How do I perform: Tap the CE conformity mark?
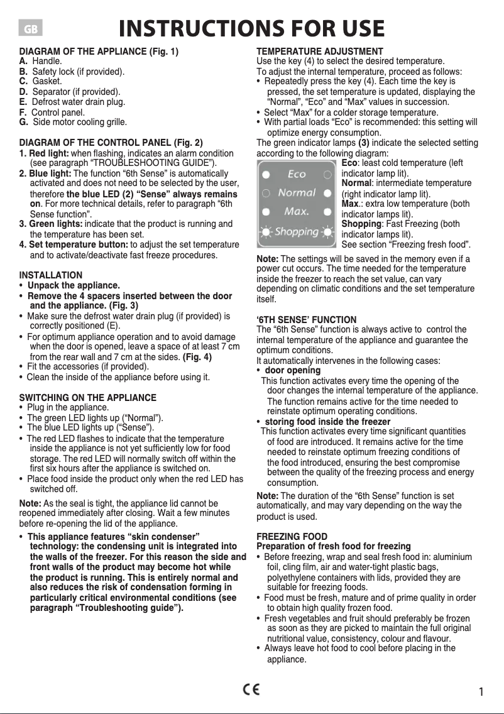[251, 689]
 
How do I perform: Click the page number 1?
[481, 692]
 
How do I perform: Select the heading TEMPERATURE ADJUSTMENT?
[320, 51]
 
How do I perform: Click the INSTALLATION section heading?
[51, 275]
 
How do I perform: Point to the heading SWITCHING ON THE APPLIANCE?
[88, 397]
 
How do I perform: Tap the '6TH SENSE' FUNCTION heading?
[307, 319]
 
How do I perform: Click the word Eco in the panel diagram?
[297, 173]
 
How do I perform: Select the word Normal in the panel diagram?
[297, 192]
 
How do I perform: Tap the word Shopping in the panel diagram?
[297, 231]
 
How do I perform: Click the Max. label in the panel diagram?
[297, 211]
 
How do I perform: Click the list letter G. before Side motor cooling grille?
[24, 121]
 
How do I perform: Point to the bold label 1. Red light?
[44, 153]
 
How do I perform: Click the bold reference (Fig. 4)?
[197, 356]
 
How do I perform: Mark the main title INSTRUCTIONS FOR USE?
[251, 29]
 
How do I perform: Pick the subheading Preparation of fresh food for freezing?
[334, 546]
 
